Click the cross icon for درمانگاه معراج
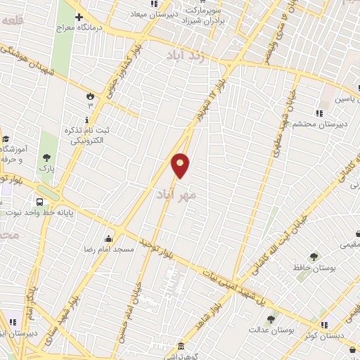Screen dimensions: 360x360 pos(79,17)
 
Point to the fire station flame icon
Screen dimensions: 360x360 pos(89,96)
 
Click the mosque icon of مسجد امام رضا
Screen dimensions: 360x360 pos(108,238)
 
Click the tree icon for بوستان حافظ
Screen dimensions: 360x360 pos(313,256)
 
